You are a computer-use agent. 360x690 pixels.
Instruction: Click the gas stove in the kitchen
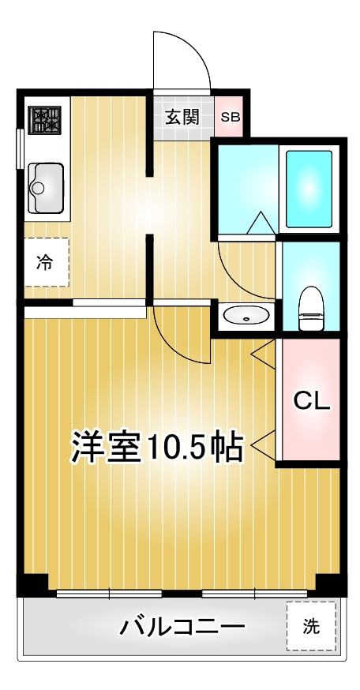pyautogui.click(x=45, y=120)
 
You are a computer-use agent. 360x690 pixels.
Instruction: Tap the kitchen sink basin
pyautogui.click(x=46, y=186)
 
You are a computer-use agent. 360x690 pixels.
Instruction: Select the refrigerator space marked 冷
pyautogui.click(x=45, y=262)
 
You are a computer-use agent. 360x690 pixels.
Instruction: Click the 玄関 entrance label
pyautogui.click(x=182, y=118)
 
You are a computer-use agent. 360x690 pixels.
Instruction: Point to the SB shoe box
pyautogui.click(x=231, y=118)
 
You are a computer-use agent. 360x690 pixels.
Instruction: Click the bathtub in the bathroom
pyautogui.click(x=309, y=188)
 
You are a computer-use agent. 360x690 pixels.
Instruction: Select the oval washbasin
pyautogui.click(x=246, y=317)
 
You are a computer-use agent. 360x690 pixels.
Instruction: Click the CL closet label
pyautogui.click(x=311, y=400)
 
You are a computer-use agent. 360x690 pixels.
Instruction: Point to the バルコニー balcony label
pyautogui.click(x=182, y=628)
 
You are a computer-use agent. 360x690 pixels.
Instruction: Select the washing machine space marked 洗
pyautogui.click(x=311, y=627)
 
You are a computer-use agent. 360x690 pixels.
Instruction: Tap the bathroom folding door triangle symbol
pyautogui.click(x=258, y=223)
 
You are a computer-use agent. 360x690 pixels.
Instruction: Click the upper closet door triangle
pyautogui.click(x=264, y=351)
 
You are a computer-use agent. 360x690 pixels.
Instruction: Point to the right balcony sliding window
pyautogui.click(x=243, y=592)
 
